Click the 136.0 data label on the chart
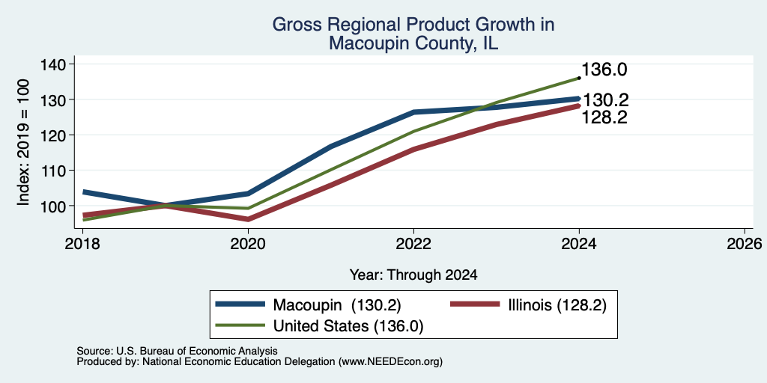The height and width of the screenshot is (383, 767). click(x=604, y=70)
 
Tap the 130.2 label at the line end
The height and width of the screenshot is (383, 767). click(x=604, y=101)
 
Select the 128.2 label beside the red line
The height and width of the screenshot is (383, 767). click(x=604, y=117)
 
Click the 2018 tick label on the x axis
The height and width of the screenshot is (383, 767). click(x=82, y=243)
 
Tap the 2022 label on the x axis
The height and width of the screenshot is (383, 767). click(x=413, y=243)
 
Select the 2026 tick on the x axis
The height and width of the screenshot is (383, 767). click(x=745, y=243)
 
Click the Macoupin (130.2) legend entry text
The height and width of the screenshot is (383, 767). click(x=337, y=305)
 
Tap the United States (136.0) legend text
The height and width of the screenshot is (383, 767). click(x=348, y=326)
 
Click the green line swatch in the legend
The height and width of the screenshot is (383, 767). click(x=240, y=325)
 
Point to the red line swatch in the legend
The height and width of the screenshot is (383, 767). click(x=474, y=304)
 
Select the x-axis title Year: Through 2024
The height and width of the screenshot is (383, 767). click(x=413, y=275)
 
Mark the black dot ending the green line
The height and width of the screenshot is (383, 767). click(x=579, y=78)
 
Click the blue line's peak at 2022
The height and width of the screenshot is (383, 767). click(x=413, y=112)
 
